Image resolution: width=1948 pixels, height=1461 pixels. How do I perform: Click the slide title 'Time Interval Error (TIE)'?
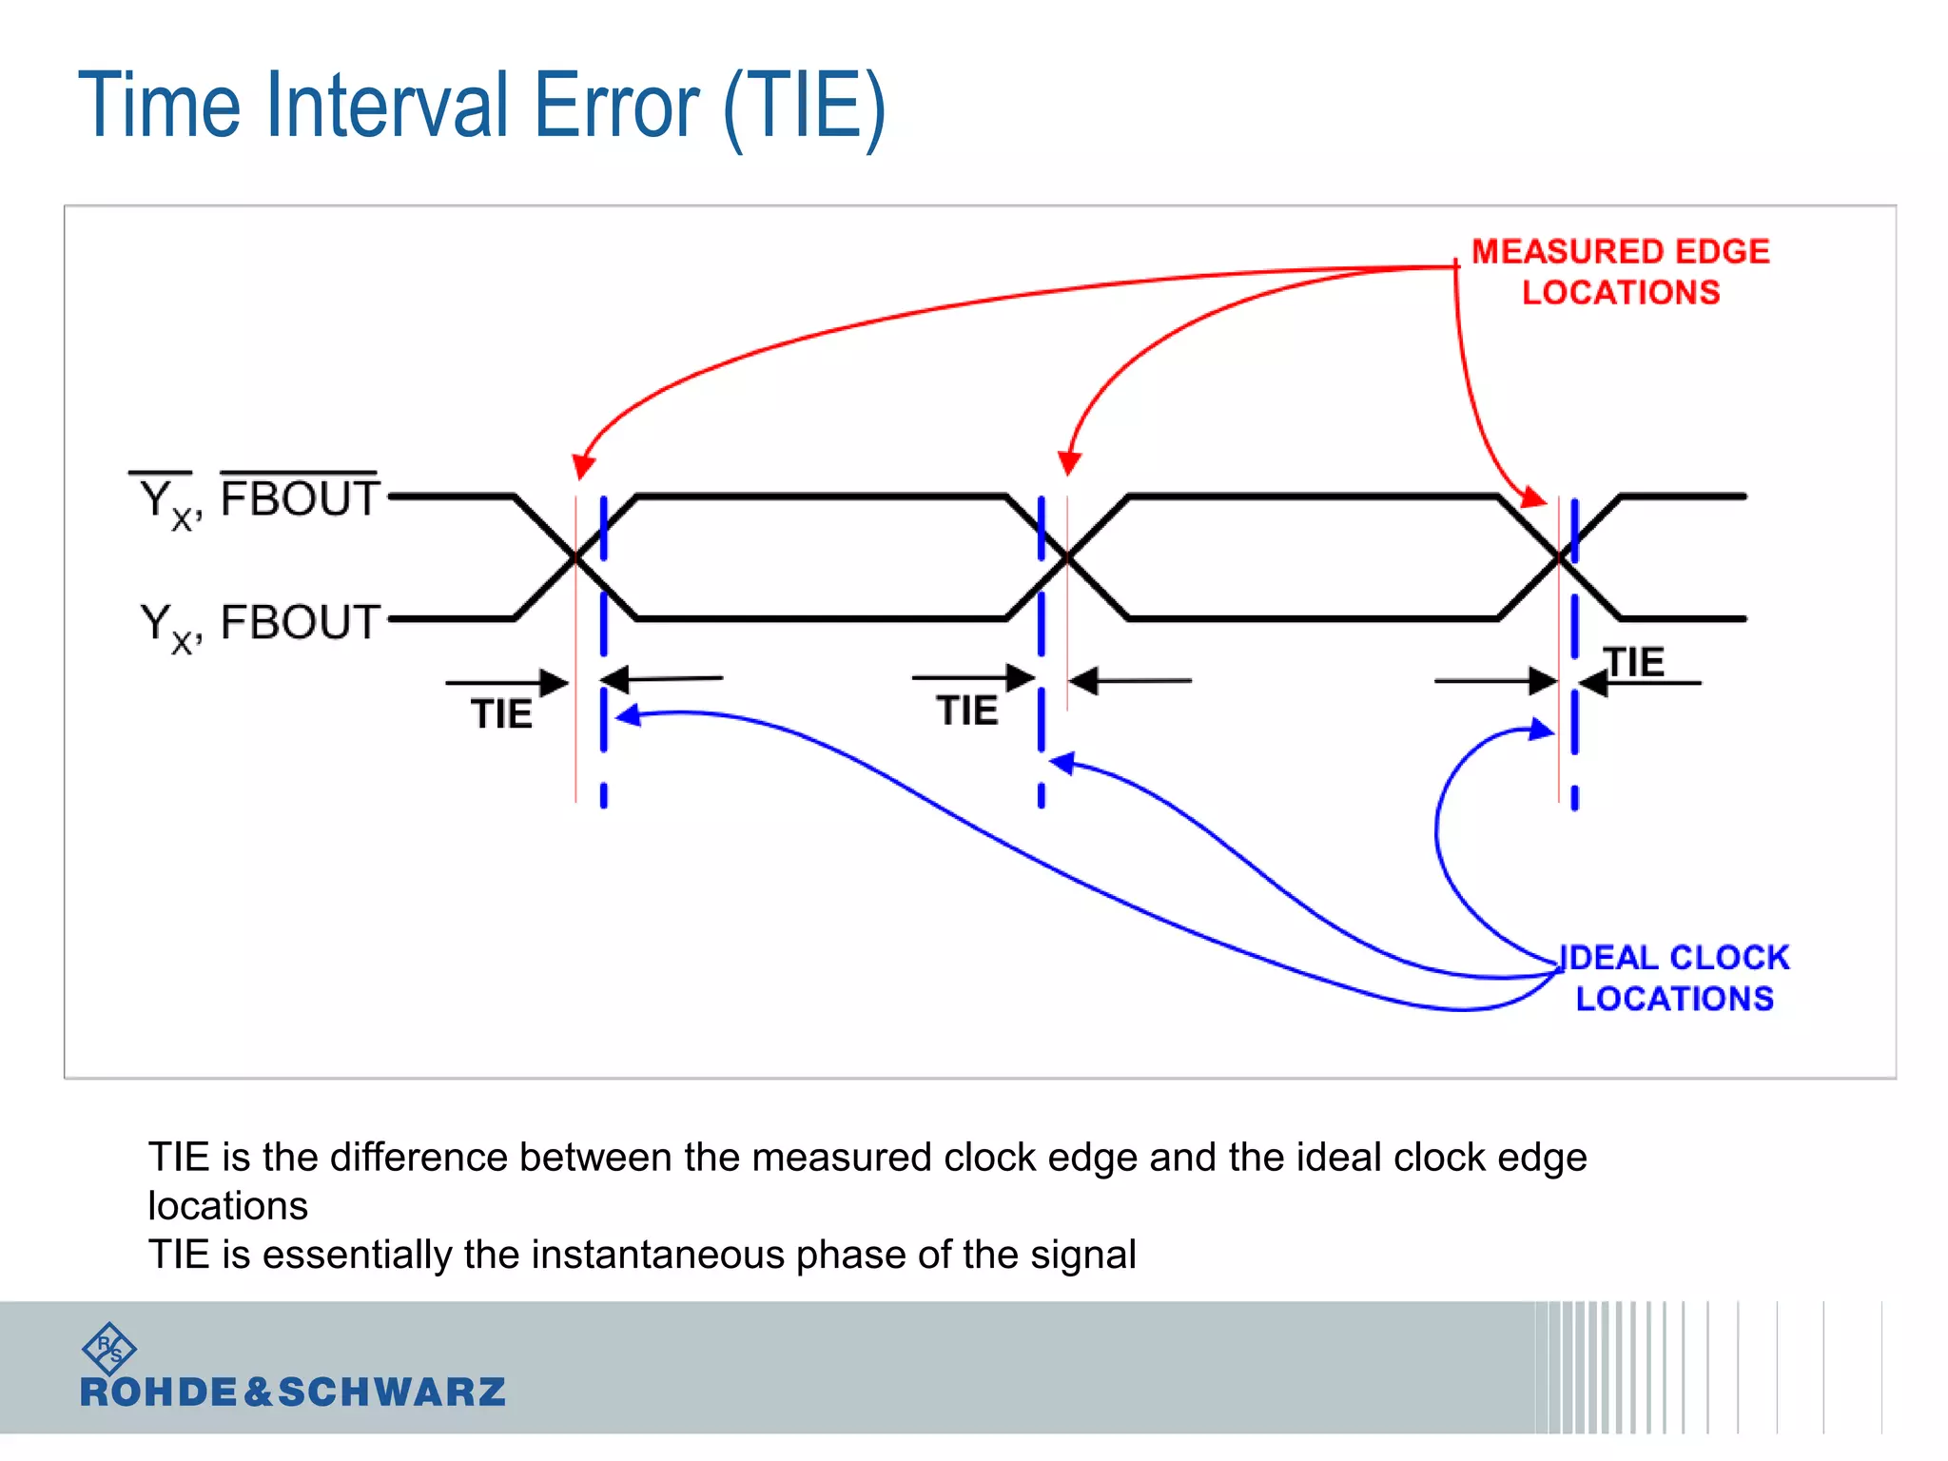pyautogui.click(x=481, y=107)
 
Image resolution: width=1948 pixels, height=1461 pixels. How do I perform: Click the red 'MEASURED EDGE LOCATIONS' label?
pyautogui.click(x=1620, y=271)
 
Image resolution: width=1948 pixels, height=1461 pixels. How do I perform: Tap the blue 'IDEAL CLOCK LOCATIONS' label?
pyautogui.click(x=1674, y=978)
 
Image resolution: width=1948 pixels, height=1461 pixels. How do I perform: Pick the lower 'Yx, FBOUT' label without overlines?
pyautogui.click(x=259, y=624)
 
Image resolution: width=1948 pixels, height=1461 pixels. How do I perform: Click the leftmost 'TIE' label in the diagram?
pyautogui.click(x=501, y=714)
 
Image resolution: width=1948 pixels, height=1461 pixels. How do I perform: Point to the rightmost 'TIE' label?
pyautogui.click(x=1634, y=662)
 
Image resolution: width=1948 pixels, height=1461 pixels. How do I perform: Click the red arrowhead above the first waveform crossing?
pyautogui.click(x=583, y=467)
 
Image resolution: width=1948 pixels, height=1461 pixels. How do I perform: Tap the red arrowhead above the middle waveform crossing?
pyautogui.click(x=1069, y=463)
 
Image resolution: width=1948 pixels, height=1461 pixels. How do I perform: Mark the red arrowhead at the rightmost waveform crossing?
pyautogui.click(x=1534, y=497)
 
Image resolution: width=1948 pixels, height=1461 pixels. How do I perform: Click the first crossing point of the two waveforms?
pyautogui.click(x=575, y=558)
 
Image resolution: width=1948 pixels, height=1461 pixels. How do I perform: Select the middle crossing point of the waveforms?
pyautogui.click(x=1067, y=558)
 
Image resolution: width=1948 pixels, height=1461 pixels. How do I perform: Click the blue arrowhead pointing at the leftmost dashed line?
pyautogui.click(x=628, y=716)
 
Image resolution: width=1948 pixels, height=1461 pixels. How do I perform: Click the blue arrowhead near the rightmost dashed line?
pyautogui.click(x=1542, y=730)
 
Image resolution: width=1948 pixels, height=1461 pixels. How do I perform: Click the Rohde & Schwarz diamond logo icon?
pyautogui.click(x=109, y=1348)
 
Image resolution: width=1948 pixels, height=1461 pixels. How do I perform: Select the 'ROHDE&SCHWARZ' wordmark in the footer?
pyautogui.click(x=292, y=1393)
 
